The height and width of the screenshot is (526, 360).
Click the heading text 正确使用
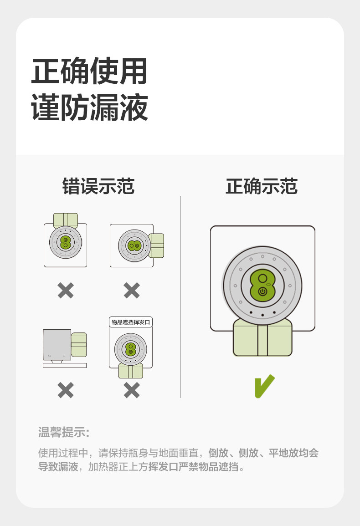click(89, 71)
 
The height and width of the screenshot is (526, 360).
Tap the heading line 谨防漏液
click(89, 107)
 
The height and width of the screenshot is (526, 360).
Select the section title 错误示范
click(98, 187)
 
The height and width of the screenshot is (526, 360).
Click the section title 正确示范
click(262, 187)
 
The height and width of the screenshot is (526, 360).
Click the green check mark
click(264, 386)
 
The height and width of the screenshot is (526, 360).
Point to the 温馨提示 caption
click(63, 432)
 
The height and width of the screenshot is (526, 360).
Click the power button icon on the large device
click(262, 291)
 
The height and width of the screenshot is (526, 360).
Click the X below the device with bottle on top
click(66, 290)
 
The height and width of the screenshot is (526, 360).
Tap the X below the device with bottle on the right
click(131, 290)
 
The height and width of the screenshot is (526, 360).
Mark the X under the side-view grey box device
click(66, 390)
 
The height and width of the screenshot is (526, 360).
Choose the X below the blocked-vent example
click(131, 390)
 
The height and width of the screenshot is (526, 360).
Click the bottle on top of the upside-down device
click(66, 220)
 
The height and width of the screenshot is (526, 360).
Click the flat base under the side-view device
click(64, 365)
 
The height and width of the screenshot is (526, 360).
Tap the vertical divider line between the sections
click(180, 296)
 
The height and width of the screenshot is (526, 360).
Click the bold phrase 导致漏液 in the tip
click(58, 467)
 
